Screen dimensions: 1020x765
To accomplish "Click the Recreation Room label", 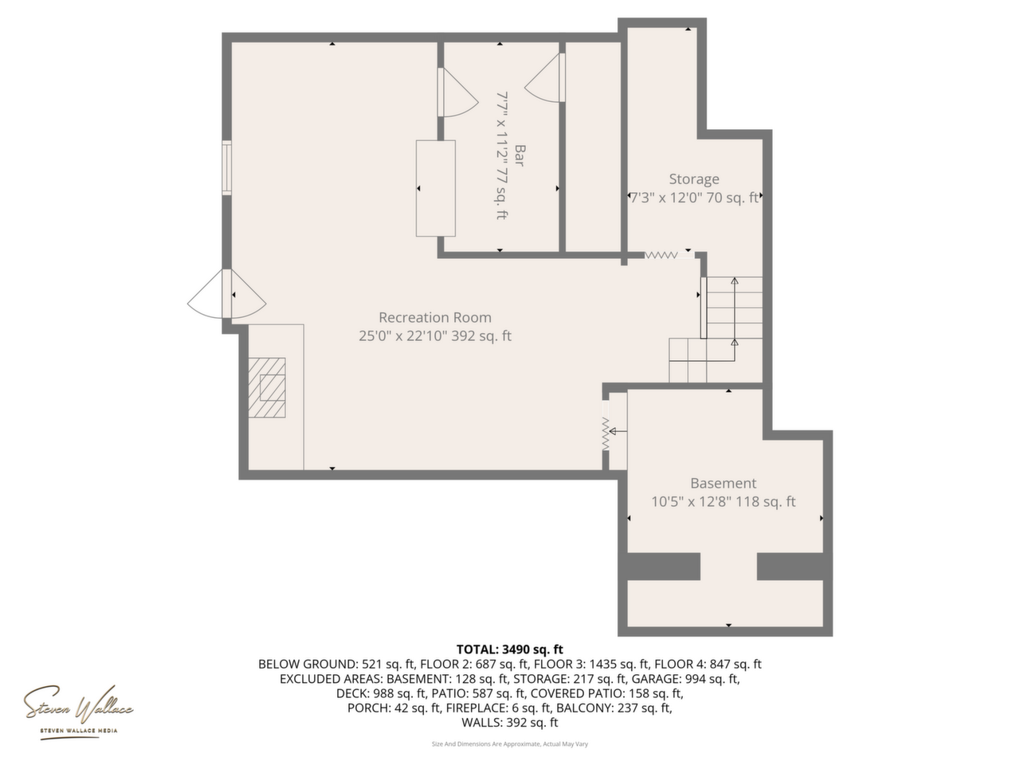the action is tap(434, 317).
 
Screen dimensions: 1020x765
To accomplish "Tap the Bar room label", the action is tap(520, 155).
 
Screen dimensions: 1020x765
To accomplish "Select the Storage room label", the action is tap(694, 178).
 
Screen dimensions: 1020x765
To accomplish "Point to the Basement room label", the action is tap(723, 483).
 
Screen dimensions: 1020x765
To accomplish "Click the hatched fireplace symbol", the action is tap(267, 387).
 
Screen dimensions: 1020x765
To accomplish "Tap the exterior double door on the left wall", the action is tap(227, 294).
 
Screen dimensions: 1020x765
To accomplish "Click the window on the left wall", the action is tap(226, 167).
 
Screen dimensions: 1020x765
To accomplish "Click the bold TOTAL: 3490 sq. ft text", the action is tap(510, 649).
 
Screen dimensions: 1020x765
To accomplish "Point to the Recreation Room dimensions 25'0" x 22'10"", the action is tap(403, 335).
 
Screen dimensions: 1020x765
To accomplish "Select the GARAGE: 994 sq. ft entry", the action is tap(685, 679).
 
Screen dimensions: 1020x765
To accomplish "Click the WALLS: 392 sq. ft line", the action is tap(510, 722).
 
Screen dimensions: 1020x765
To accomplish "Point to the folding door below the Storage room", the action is tap(661, 255).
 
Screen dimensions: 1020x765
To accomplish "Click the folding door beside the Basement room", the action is tap(606, 433).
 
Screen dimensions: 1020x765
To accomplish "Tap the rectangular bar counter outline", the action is tap(435, 188).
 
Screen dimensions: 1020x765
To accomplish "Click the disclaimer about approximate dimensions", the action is tap(510, 744).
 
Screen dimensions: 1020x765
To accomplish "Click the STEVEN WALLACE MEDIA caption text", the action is tap(79, 731).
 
